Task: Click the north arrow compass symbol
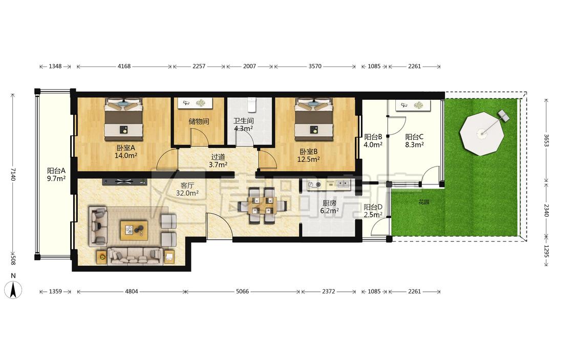[x=13, y=289]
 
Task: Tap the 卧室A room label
[x=126, y=147]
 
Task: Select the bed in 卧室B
[x=314, y=119]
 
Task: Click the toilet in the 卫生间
[x=251, y=104]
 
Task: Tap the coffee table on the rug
[x=134, y=230]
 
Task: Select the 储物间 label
[x=199, y=121]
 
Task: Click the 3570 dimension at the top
[x=315, y=67]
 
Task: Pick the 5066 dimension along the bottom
[x=242, y=292]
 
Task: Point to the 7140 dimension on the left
[x=13, y=174]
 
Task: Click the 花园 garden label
[x=424, y=202]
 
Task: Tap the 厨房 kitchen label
[x=329, y=203]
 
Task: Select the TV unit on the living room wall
[x=124, y=181]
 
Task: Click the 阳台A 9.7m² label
[x=56, y=175]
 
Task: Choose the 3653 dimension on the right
[x=546, y=140]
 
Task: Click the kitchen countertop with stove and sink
[x=329, y=185]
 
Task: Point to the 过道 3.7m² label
[x=218, y=161]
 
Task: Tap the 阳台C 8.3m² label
[x=414, y=141]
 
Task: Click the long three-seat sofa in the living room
[x=135, y=256]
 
